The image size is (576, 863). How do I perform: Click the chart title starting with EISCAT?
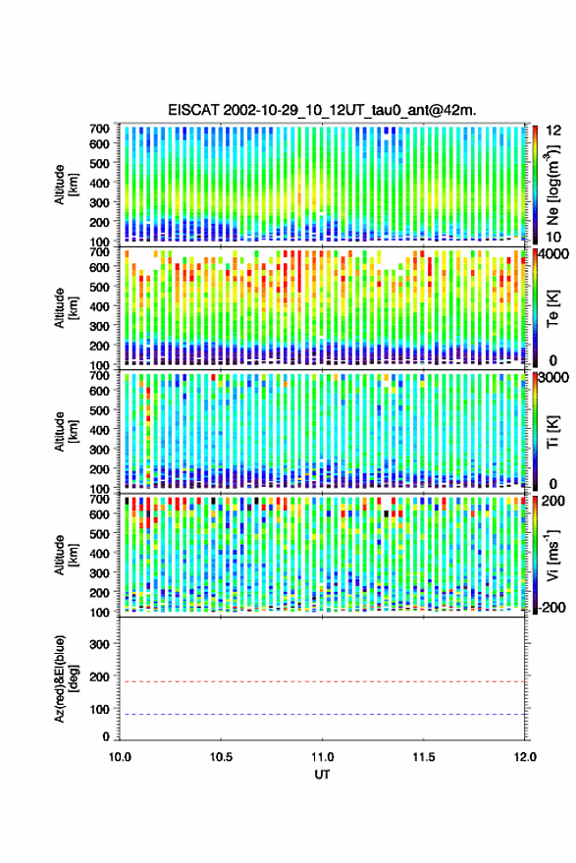pyautogui.click(x=322, y=110)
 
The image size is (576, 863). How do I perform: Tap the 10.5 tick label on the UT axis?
pyautogui.click(x=221, y=757)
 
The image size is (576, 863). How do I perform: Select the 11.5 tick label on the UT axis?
pyautogui.click(x=423, y=757)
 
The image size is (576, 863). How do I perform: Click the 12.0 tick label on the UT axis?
pyautogui.click(x=525, y=757)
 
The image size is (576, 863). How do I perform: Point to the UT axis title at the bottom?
pyautogui.click(x=322, y=775)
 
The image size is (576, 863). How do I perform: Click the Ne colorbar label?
pyautogui.click(x=553, y=184)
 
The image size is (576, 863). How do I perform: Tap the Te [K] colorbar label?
pyautogui.click(x=552, y=308)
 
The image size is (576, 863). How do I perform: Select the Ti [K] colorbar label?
pyautogui.click(x=552, y=432)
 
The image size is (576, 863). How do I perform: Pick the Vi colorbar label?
pyautogui.click(x=552, y=555)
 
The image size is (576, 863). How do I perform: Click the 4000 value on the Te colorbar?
pyautogui.click(x=553, y=254)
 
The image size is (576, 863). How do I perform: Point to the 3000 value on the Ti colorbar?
pyautogui.click(x=553, y=378)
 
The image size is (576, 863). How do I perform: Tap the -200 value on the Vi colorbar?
pyautogui.click(x=551, y=608)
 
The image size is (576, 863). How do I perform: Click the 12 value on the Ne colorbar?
pyautogui.click(x=553, y=131)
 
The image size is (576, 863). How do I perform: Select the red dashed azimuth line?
pyautogui.click(x=322, y=681)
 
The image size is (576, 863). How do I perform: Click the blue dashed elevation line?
pyautogui.click(x=322, y=715)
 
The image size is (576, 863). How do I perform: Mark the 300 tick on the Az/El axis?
pyautogui.click(x=99, y=644)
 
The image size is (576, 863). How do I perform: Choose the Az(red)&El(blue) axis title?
pyautogui.click(x=67, y=678)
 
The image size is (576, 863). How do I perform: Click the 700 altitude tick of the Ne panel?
pyautogui.click(x=99, y=129)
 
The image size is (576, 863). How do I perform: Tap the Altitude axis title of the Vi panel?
pyautogui.click(x=66, y=555)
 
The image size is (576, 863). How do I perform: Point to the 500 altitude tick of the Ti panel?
pyautogui.click(x=99, y=410)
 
